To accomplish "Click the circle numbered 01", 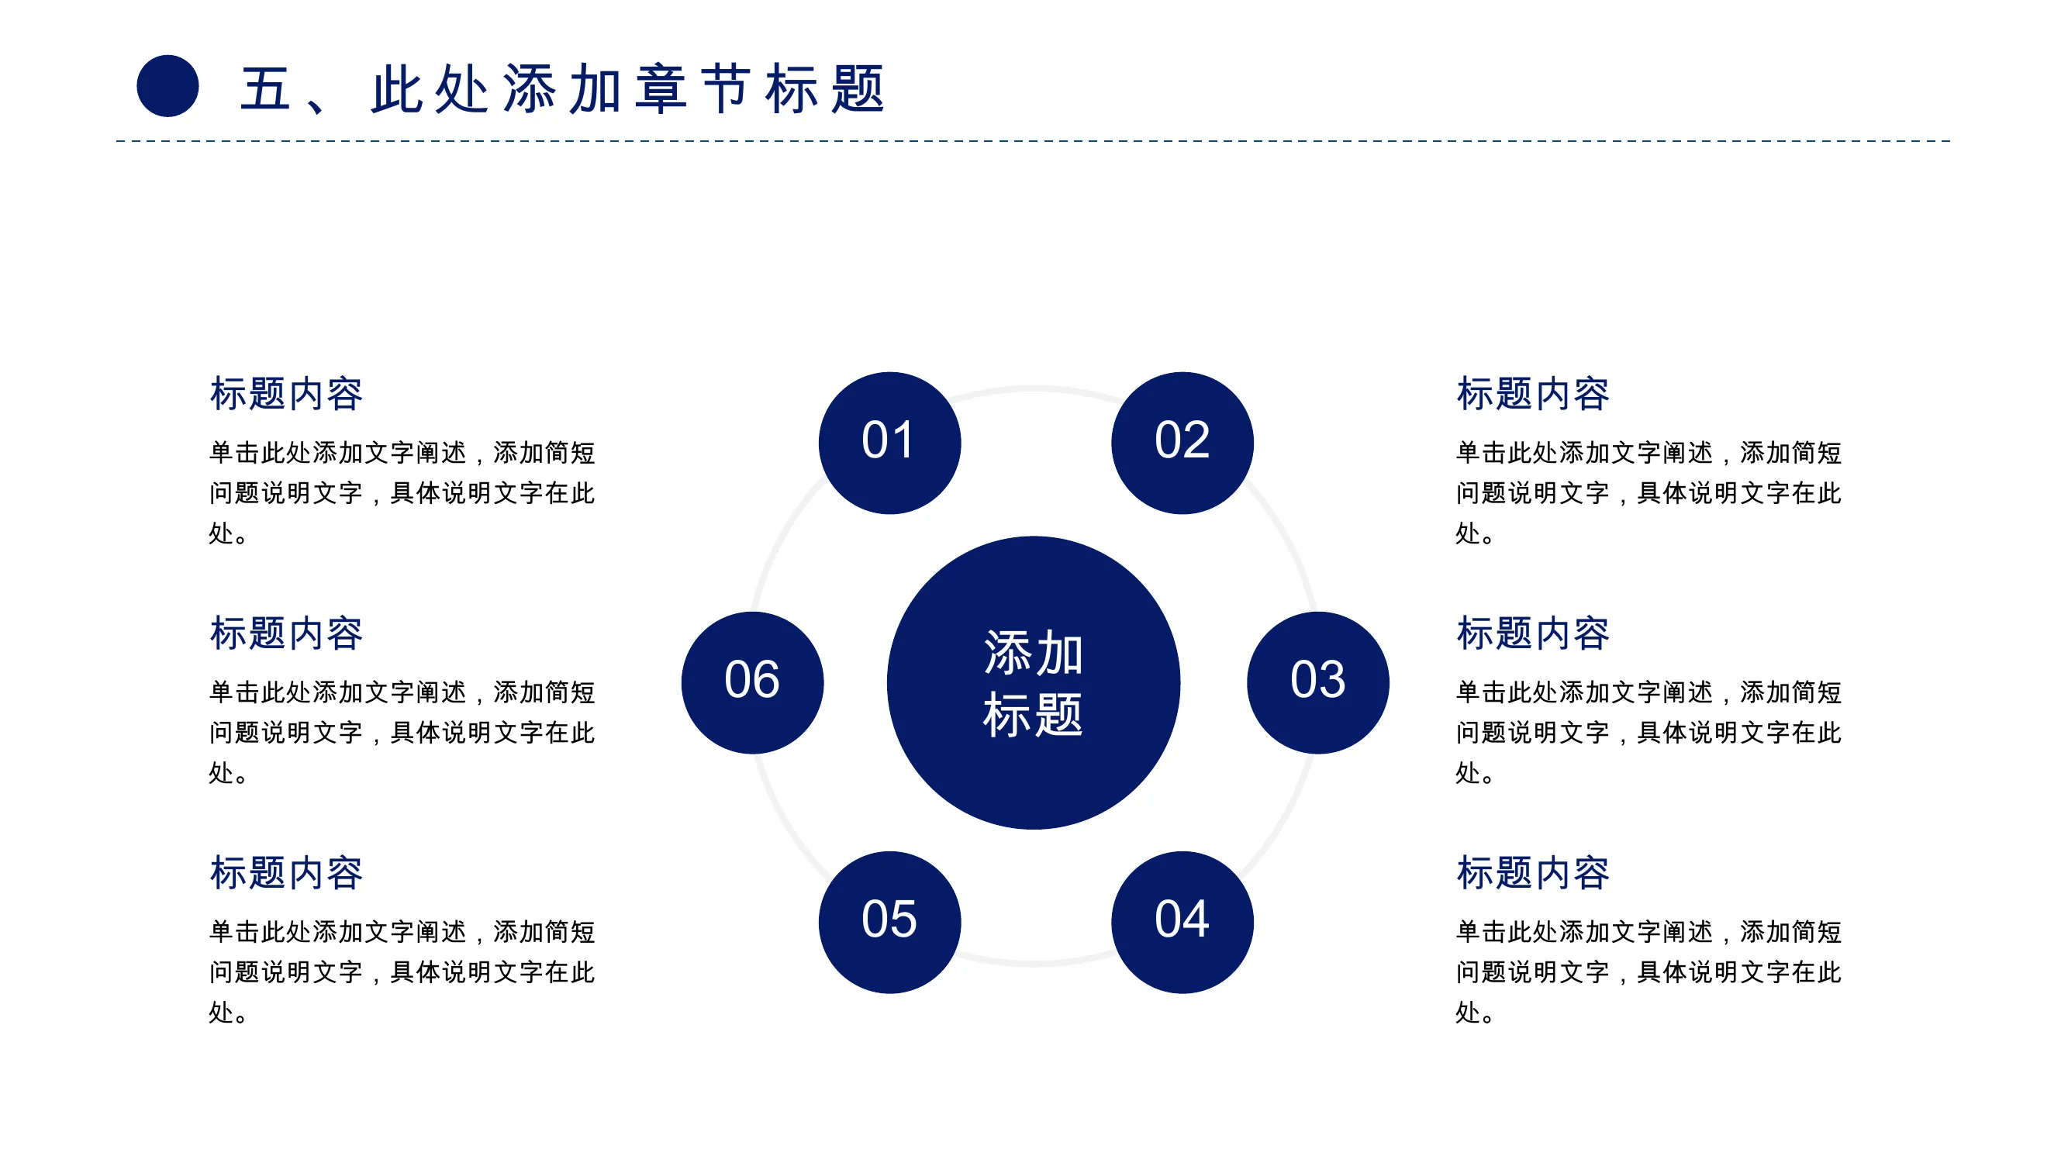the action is click(x=889, y=443).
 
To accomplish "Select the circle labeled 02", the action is click(x=1182, y=443).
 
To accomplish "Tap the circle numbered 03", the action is click(x=1318, y=683).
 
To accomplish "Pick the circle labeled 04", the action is click(x=1182, y=922).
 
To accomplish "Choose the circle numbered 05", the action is click(x=889, y=922).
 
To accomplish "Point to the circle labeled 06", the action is click(x=752, y=683).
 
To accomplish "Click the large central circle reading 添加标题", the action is click(x=1033, y=683).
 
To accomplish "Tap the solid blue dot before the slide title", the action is click(x=167, y=86).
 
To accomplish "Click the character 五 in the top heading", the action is click(x=265, y=88).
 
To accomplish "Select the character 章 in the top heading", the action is click(x=661, y=88).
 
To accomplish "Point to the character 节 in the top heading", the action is click(x=727, y=88).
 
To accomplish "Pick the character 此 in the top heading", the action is click(x=396, y=88).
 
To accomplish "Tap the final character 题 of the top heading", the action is click(x=858, y=88).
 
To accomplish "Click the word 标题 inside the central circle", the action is click(x=1033, y=714).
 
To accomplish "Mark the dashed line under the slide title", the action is click(x=1033, y=141).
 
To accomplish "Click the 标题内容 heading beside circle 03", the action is click(x=1532, y=633).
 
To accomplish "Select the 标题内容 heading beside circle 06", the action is click(x=286, y=633).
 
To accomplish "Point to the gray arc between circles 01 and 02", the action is click(x=1036, y=389).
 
